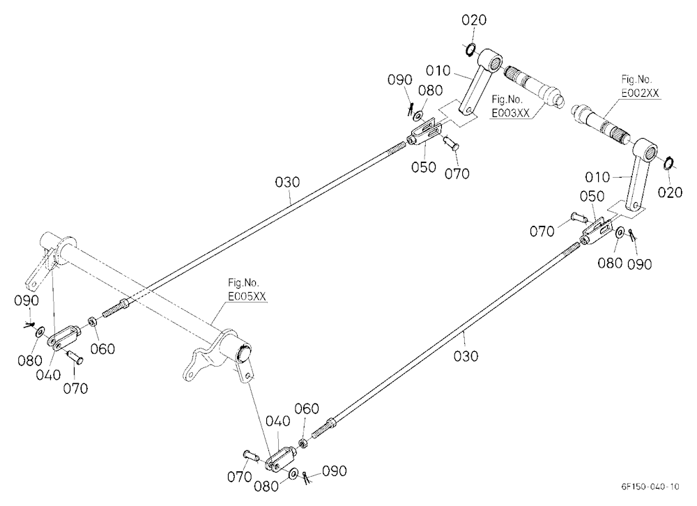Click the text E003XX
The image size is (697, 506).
(x=510, y=113)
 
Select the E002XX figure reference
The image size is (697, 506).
(x=640, y=93)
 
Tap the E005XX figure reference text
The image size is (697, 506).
(x=247, y=297)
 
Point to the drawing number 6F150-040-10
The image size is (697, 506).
(x=650, y=486)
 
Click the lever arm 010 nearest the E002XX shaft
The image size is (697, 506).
(x=638, y=174)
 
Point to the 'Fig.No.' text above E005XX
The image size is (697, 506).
(x=243, y=283)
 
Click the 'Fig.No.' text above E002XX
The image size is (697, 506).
(x=636, y=79)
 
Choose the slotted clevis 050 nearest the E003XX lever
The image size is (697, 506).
(x=425, y=133)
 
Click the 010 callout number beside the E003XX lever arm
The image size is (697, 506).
(x=438, y=70)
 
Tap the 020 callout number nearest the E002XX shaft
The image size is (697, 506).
(x=669, y=192)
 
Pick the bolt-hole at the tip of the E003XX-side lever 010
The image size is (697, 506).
(x=466, y=109)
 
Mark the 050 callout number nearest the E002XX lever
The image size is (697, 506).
(x=592, y=196)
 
